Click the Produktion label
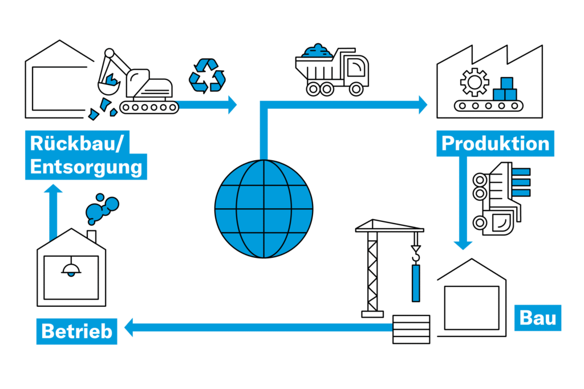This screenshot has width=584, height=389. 496,143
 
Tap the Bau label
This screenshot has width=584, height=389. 538,317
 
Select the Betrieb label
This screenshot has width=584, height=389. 76,331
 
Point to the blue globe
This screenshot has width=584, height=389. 264,208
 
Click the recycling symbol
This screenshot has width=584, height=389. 207,75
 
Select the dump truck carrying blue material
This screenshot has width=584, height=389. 332,71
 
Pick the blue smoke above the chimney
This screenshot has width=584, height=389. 102,209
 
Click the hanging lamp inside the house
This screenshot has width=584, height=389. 71,268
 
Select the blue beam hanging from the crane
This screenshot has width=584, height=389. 416,283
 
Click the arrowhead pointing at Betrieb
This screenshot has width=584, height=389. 129,327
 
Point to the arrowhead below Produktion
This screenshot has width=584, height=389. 463,244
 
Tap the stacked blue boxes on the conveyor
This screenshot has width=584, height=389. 505,90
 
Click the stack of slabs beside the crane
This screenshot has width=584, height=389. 411,329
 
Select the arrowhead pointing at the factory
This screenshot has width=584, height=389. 423,104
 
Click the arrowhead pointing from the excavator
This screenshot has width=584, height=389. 232,104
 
